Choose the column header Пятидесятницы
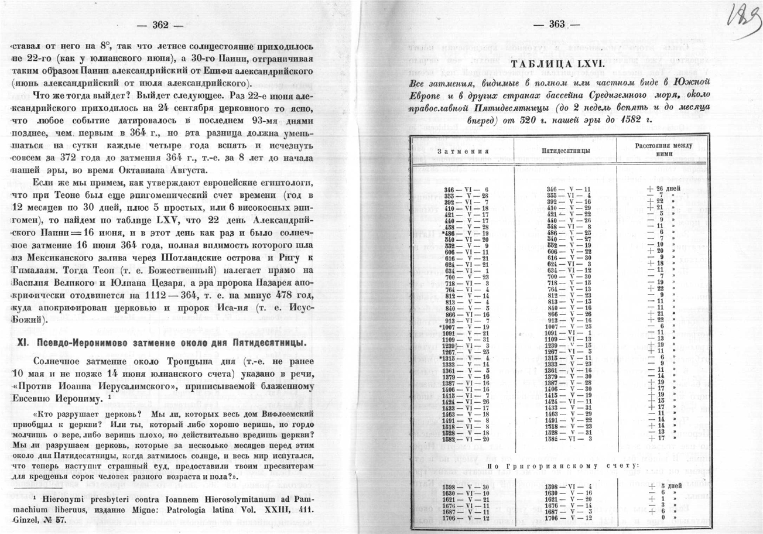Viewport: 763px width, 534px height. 565,150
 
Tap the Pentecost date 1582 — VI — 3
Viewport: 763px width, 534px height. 568,438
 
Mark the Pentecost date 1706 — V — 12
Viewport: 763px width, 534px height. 568,518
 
